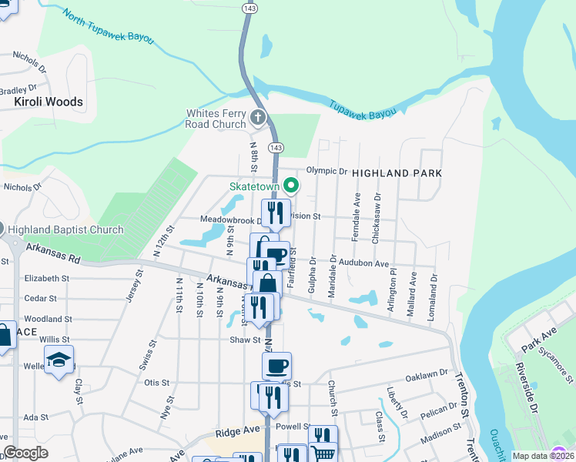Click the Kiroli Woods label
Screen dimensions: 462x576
pos(49,102)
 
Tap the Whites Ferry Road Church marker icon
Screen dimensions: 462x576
pos(258,118)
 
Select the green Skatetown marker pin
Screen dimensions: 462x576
pos(291,186)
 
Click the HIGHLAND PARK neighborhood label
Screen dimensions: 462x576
pos(397,173)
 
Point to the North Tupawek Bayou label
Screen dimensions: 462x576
pos(109,27)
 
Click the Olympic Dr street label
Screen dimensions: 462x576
pos(327,171)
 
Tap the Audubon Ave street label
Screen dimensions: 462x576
pos(365,263)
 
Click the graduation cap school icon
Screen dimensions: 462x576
pos(59,360)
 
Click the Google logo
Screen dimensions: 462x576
pos(25,453)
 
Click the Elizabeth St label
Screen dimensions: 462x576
pos(42,279)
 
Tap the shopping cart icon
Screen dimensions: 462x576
pos(323,454)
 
